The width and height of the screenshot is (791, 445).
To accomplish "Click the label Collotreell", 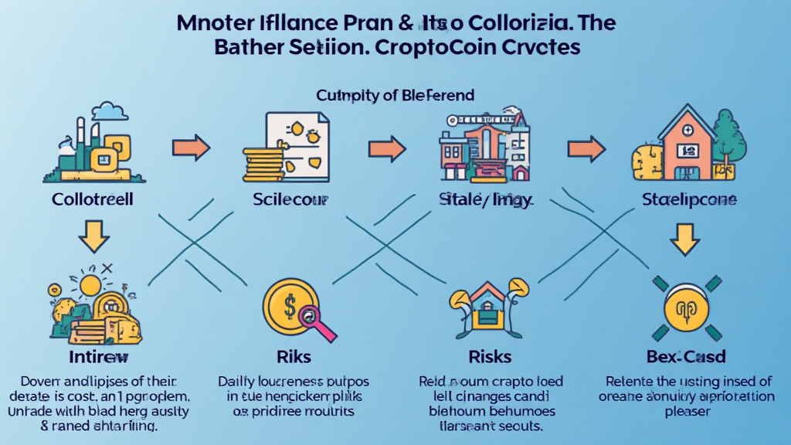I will (93, 200).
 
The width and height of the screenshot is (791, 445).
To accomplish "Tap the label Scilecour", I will (290, 200).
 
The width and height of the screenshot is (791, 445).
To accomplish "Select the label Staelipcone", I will (689, 200).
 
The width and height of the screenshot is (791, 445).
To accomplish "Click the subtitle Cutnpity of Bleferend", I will (395, 95).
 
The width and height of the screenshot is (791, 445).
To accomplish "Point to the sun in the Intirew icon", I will (90, 284).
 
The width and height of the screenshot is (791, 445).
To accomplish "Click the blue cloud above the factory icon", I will (114, 113).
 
